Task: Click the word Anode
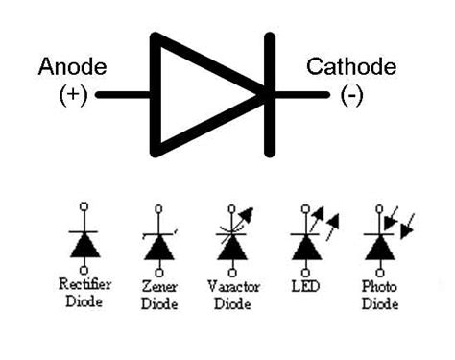tap(72, 67)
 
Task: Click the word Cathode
tap(351, 67)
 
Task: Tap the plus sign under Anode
tap(73, 94)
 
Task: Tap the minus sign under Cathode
tap(351, 95)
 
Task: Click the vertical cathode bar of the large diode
tap(270, 95)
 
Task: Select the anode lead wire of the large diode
tap(123, 95)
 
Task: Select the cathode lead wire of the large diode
tap(302, 95)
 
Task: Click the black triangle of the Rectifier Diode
tap(85, 245)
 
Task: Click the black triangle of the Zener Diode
tap(159, 248)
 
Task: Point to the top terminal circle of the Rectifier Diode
tap(84, 206)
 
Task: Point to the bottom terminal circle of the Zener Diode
tap(159, 273)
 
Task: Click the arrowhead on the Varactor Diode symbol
tap(248, 214)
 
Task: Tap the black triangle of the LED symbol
tap(306, 248)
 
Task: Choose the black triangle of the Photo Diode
tap(380, 248)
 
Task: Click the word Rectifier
tap(85, 284)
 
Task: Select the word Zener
tap(159, 286)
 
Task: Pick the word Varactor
tap(233, 286)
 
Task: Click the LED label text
tap(305, 286)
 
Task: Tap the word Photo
tap(379, 286)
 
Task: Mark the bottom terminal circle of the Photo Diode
tap(380, 273)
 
